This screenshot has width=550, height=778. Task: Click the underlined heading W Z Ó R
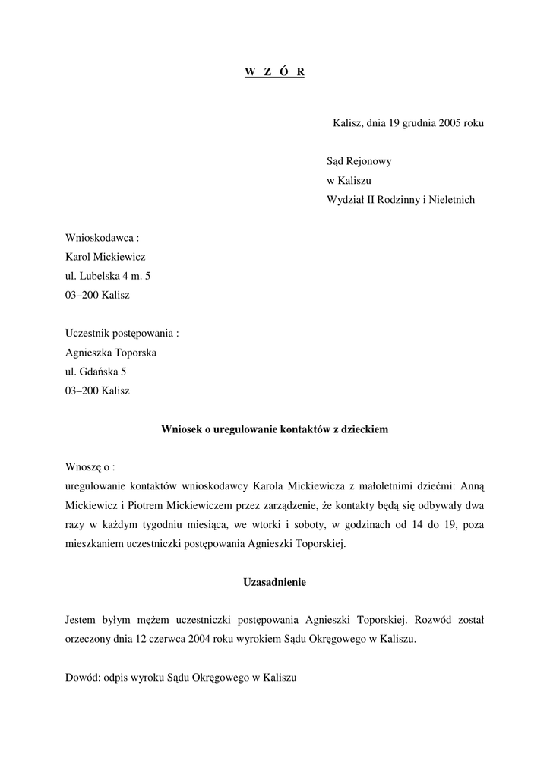[x=274, y=72]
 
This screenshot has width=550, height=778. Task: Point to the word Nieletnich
[x=451, y=200]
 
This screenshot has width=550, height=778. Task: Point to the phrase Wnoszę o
[x=90, y=467]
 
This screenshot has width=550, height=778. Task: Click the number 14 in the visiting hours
[x=420, y=524]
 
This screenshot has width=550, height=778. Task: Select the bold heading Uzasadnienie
[x=274, y=582]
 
